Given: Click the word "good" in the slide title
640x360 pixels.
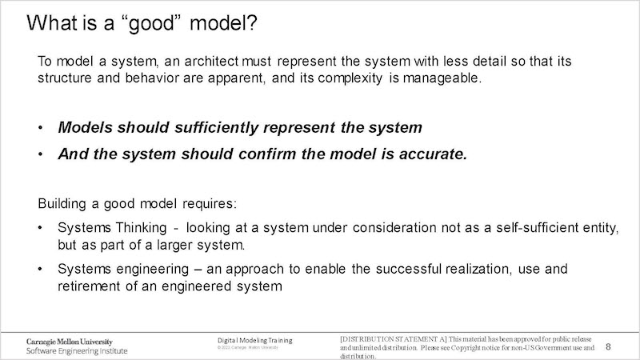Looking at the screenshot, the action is pos(151,24).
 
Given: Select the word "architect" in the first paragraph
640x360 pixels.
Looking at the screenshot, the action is pos(211,62).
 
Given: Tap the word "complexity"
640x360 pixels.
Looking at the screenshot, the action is pos(350,78).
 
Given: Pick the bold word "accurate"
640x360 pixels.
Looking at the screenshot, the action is pos(430,154).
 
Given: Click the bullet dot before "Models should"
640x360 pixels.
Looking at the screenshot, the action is pos(41,128).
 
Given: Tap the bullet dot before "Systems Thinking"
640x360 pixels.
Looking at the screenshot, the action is pos(40,228).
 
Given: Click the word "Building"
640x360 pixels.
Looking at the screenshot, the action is pos(62,204).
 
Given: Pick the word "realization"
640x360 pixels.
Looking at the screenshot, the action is pos(477,269).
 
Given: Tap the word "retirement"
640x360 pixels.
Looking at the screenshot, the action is pos(89,286).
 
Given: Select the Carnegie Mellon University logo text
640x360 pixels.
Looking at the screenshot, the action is pos(70,342).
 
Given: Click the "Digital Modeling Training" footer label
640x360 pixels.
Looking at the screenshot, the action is pos(254,341).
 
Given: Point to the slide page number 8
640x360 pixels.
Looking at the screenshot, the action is pos(608,347).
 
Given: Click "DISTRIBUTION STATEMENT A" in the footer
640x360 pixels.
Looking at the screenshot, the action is pos(394,339).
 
